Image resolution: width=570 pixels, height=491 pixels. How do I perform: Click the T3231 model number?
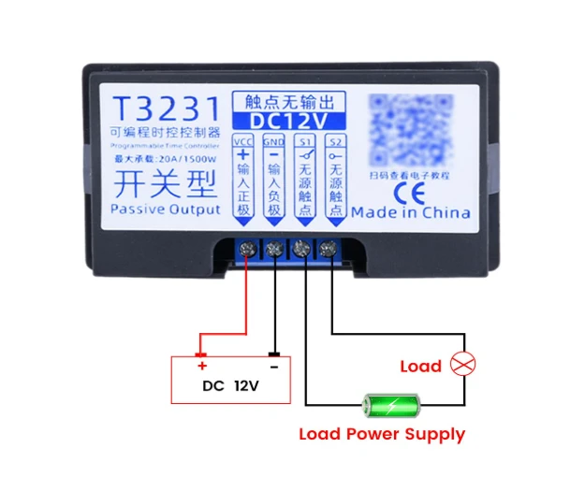tap(165, 106)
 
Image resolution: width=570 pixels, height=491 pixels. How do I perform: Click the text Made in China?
tap(410, 212)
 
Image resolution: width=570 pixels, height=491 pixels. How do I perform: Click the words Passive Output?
tap(166, 209)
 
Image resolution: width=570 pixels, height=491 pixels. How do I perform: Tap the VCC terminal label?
tap(243, 141)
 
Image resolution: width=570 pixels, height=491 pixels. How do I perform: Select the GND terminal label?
tap(273, 141)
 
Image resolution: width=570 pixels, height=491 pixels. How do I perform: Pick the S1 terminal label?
tap(304, 141)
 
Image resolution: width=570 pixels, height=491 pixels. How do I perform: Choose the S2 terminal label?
tap(336, 141)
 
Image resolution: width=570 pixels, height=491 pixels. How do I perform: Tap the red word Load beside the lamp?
tap(420, 366)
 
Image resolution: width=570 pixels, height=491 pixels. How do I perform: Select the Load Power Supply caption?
tap(381, 434)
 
